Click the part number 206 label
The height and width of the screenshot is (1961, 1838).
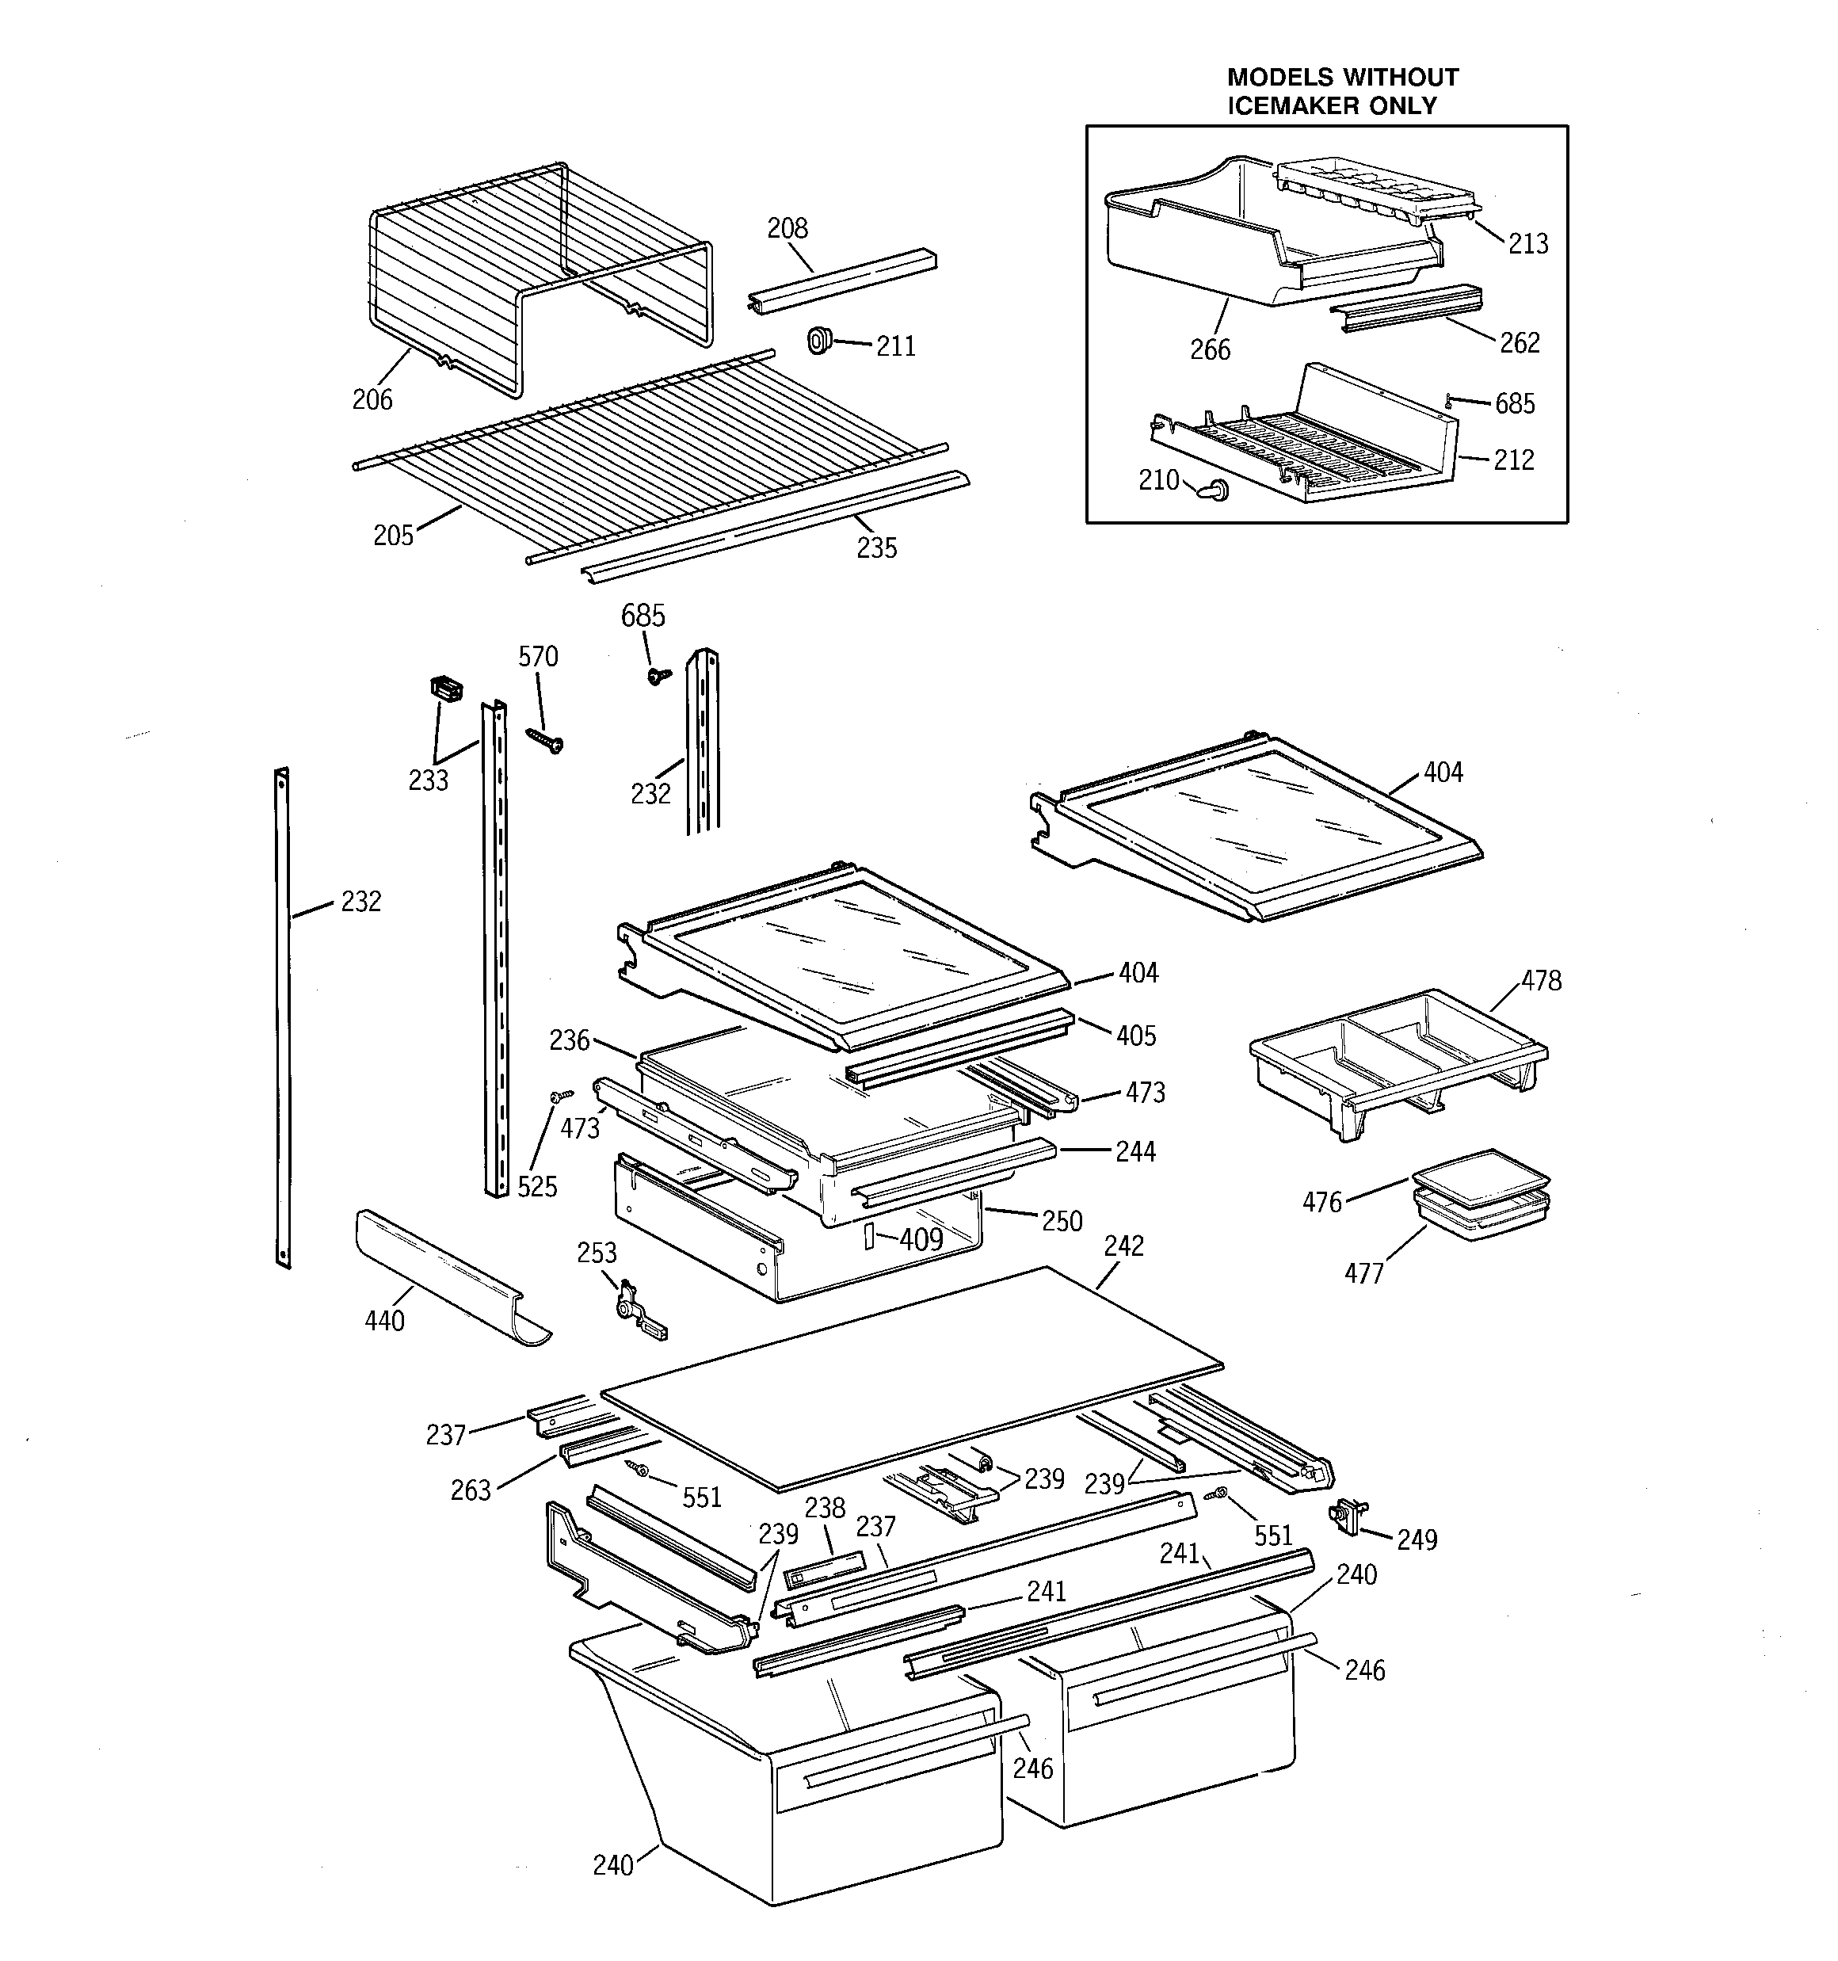click(372, 399)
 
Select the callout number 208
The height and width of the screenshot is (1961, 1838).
click(787, 228)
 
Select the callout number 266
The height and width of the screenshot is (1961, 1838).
click(1210, 349)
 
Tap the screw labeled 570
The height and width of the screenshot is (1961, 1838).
click(544, 741)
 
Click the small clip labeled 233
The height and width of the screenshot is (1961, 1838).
click(446, 688)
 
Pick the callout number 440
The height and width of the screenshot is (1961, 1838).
click(383, 1321)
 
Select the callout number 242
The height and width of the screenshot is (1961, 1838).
click(1123, 1246)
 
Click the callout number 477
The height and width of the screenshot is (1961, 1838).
click(1363, 1273)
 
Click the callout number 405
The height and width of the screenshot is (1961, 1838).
click(1135, 1036)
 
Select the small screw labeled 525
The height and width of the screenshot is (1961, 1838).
click(562, 1096)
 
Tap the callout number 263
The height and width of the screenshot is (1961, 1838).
click(471, 1490)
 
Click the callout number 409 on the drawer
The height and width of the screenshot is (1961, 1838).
click(921, 1239)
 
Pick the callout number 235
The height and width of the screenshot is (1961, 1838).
click(876, 547)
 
